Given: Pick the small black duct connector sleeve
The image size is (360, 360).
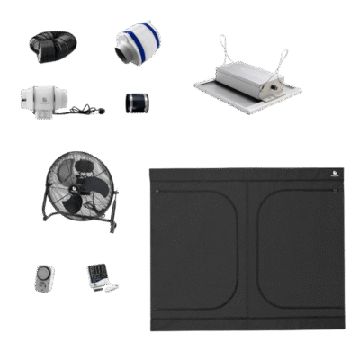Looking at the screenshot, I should click(137, 100).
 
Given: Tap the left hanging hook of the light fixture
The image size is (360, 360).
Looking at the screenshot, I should click(220, 45).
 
